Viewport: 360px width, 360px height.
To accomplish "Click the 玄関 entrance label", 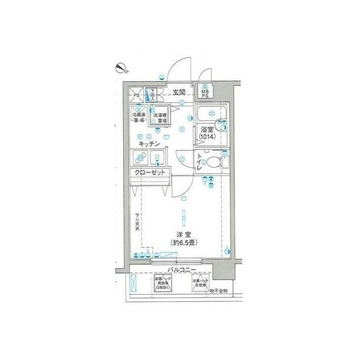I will coord(179,92).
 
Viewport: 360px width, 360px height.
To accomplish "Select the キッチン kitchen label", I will coord(151,143).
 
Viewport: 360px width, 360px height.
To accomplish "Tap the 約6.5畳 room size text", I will coord(184,243).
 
